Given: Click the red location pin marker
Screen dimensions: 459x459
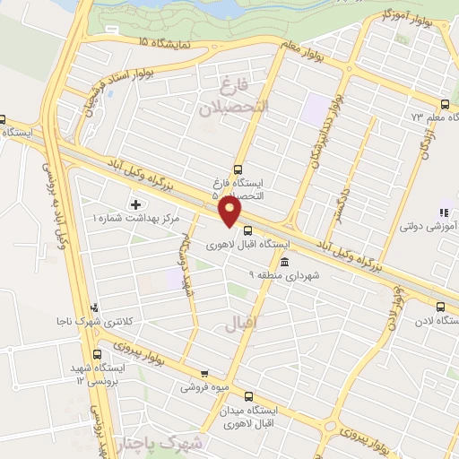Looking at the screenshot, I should [231, 212].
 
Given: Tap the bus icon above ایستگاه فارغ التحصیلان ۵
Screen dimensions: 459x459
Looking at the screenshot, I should [238, 168].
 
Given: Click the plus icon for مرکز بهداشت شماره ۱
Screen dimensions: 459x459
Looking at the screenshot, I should [136, 204].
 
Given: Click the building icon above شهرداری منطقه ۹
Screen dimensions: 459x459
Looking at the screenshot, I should [284, 262].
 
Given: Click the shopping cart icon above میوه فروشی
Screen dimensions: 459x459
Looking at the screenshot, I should [204, 374].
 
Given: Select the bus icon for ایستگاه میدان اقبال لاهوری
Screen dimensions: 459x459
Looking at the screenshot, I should [248, 393].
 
